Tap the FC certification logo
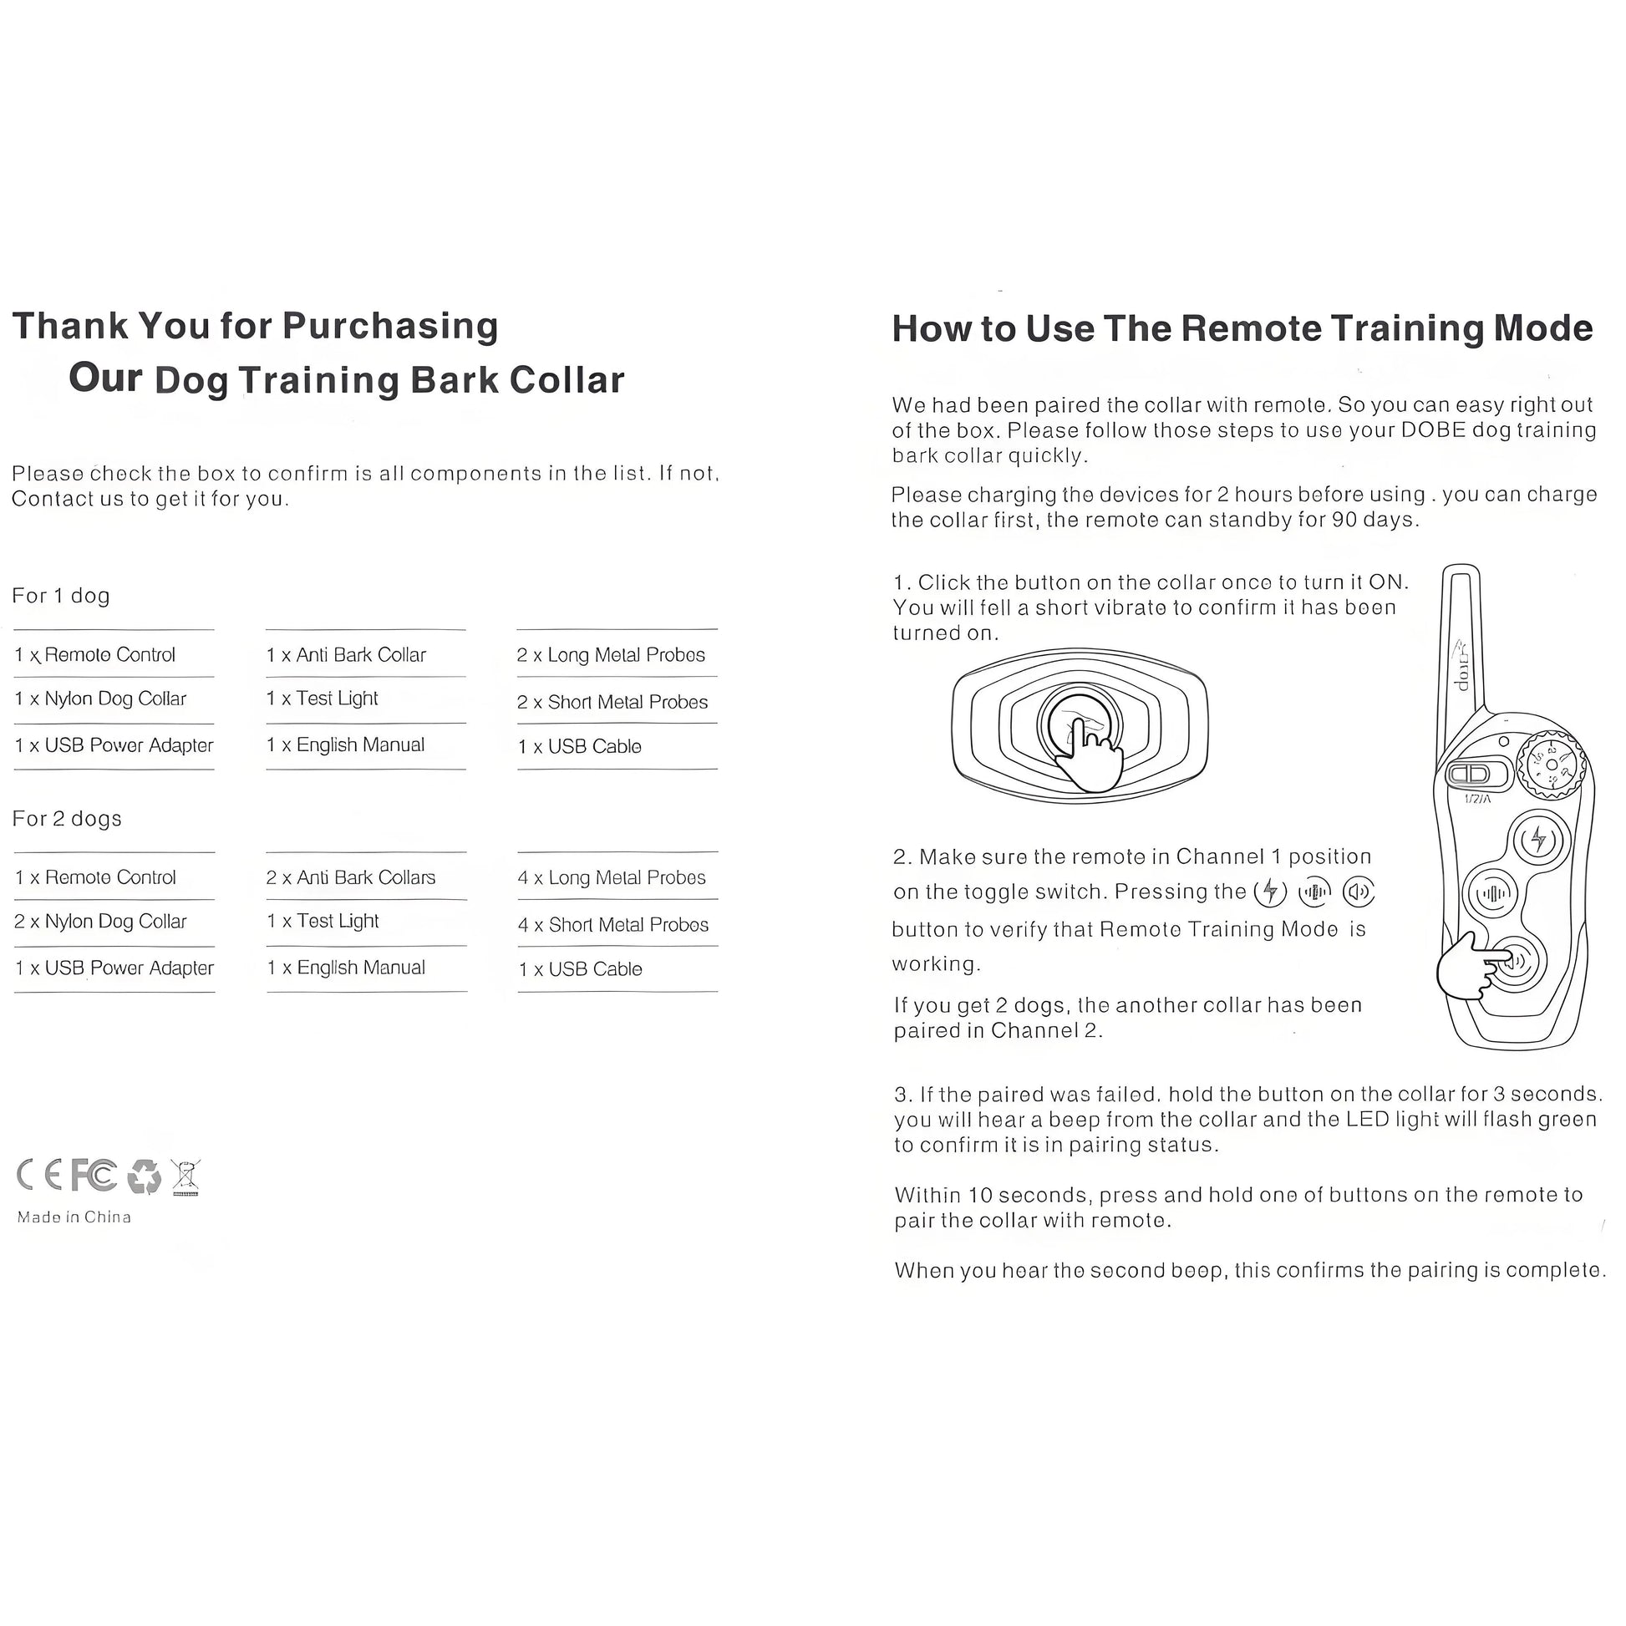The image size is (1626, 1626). (94, 1175)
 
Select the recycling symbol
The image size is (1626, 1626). (144, 1176)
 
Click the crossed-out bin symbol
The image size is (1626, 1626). (185, 1176)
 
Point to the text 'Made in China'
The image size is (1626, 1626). (74, 1217)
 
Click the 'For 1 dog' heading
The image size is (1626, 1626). (61, 596)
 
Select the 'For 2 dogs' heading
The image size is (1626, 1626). (67, 819)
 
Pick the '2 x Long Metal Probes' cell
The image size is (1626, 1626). (611, 655)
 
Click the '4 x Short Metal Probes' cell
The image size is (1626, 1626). (613, 925)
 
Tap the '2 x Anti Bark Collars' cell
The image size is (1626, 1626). (351, 878)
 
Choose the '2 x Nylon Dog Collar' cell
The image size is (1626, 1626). (100, 922)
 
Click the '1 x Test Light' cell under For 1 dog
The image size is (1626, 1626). (323, 699)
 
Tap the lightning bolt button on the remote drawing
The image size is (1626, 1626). (1538, 839)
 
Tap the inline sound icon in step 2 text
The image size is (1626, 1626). (1359, 892)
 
